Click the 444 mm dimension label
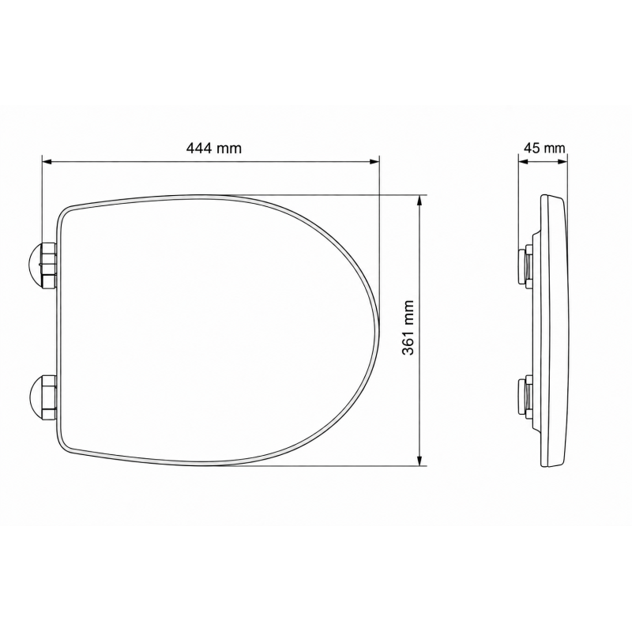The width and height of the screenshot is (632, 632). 213,149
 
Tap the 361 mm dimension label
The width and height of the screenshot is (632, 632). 408,327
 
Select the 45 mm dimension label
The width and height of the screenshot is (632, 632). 544,148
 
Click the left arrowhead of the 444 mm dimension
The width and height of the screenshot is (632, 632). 47,162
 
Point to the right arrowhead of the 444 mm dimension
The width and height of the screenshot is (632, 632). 374,162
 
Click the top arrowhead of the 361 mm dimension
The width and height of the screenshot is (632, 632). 420,201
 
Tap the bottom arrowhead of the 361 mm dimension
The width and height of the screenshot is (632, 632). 420,461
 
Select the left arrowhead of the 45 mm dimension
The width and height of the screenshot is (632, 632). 523,162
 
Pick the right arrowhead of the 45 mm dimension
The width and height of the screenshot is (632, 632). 562,162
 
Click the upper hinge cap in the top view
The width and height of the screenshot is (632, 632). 43,265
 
